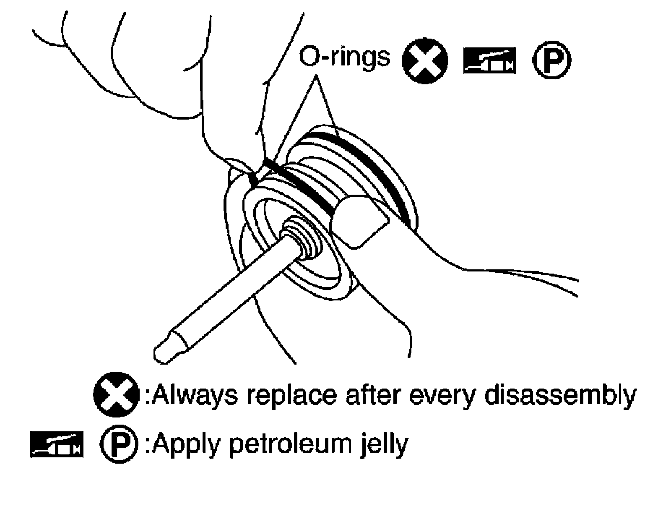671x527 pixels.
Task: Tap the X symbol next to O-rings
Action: tap(424, 61)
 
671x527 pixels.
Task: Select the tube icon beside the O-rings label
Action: tap(490, 62)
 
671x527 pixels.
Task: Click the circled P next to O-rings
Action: tap(551, 61)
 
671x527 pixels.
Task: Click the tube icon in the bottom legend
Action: tap(57, 444)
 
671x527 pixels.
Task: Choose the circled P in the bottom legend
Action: tap(120, 445)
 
